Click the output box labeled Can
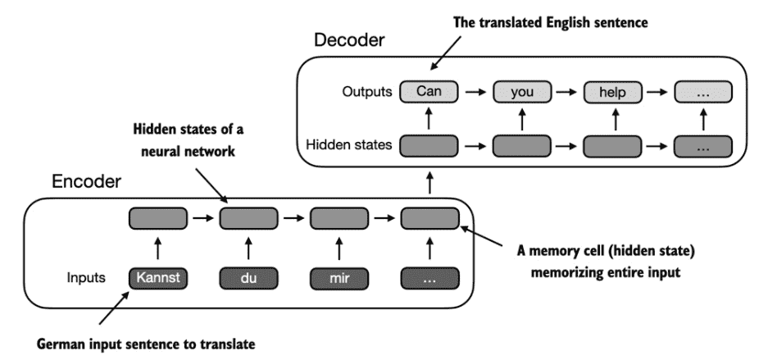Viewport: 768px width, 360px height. (x=429, y=92)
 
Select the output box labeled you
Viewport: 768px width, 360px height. (x=521, y=92)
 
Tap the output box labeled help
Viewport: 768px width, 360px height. (x=612, y=92)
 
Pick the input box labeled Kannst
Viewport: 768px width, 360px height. (x=157, y=278)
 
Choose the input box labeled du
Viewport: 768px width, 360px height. (x=248, y=278)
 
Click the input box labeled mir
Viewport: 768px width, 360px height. (x=339, y=278)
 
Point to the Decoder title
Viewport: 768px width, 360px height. (x=349, y=40)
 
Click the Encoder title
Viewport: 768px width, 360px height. (x=86, y=182)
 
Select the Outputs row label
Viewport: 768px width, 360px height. (x=367, y=92)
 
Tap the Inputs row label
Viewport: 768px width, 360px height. (x=86, y=278)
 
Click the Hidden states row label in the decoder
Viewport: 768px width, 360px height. (x=348, y=145)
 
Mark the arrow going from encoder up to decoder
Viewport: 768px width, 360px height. (x=429, y=182)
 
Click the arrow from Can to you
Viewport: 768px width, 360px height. (x=475, y=92)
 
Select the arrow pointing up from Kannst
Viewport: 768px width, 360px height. (x=157, y=248)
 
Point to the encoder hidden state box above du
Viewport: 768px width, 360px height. (x=248, y=218)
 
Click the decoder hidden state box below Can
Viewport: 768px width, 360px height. (x=429, y=147)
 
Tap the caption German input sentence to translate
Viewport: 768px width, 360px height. (x=147, y=344)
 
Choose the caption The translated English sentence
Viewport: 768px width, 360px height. (x=551, y=22)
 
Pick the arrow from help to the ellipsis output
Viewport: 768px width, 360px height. (x=657, y=92)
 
